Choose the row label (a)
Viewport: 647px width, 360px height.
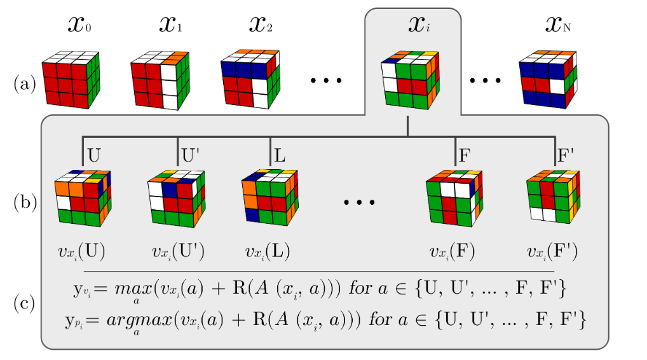(24, 83)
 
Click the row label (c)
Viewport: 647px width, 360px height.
(24, 303)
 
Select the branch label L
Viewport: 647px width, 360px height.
(279, 155)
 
